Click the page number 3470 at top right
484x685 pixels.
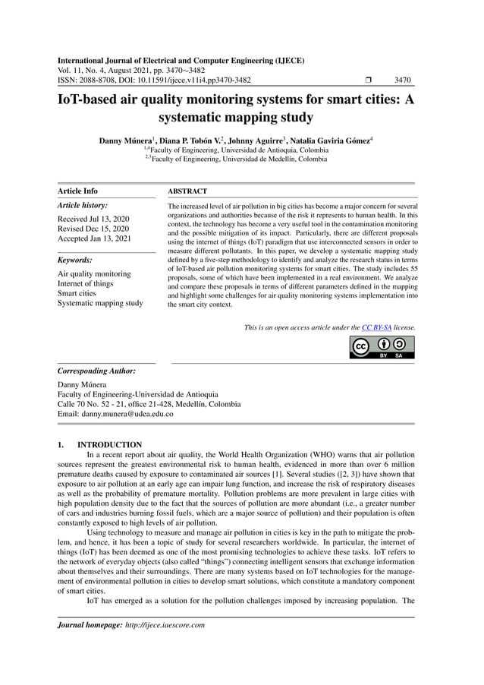pos(403,79)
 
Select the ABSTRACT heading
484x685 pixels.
pos(187,191)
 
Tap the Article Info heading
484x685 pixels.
pos(78,191)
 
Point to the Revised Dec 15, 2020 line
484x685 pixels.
pos(93,229)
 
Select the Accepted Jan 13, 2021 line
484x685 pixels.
pos(96,238)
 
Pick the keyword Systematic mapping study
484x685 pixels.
pos(100,304)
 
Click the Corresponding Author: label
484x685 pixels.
pos(97,371)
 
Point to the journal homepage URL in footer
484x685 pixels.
pos(165,624)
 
